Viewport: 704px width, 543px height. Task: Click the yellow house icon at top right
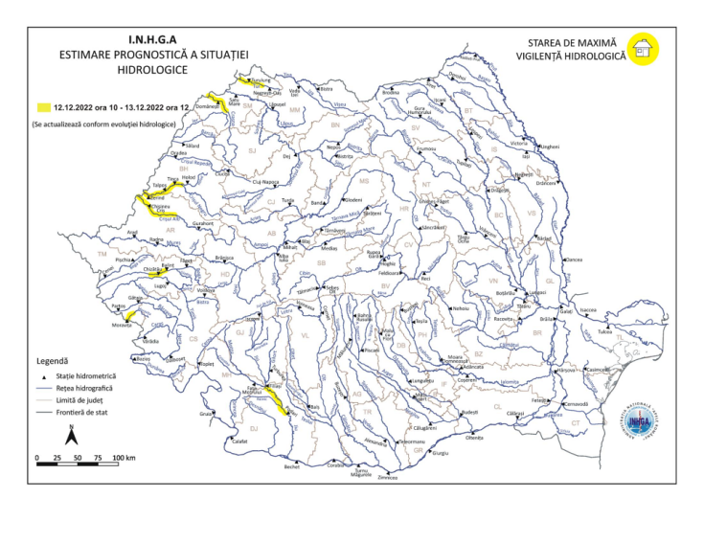tap(643, 48)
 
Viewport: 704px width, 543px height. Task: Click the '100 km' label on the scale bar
tap(125, 460)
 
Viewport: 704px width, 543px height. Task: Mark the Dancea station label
tap(575, 260)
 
